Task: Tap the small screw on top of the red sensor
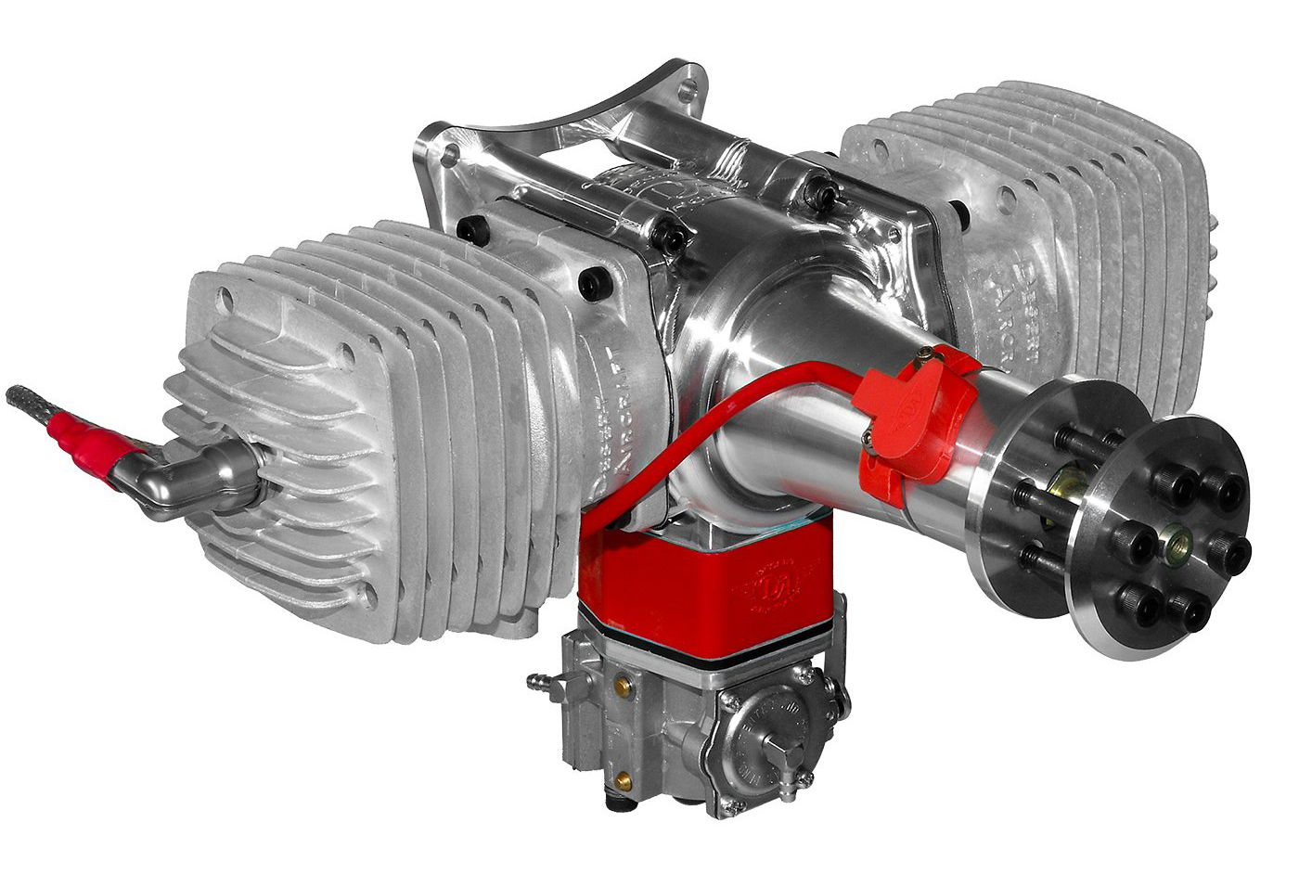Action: click(925, 354)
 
